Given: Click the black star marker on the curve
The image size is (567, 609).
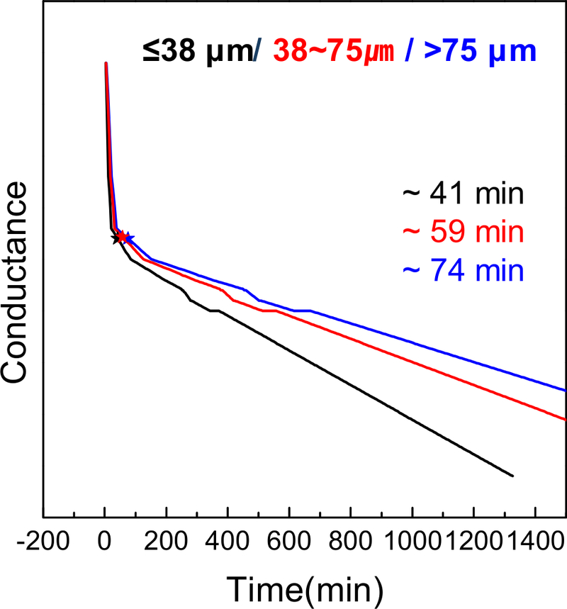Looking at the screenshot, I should coord(116,239).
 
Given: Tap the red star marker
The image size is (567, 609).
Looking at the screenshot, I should coord(122,237).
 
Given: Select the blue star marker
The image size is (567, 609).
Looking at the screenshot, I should coord(128,238).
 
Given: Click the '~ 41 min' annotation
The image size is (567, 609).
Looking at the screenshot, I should coord(464,194).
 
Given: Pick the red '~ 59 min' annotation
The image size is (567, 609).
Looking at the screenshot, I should coord(464,232).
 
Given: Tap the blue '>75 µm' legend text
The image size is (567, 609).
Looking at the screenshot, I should coord(476,52).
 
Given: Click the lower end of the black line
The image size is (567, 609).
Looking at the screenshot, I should coord(512,476).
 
